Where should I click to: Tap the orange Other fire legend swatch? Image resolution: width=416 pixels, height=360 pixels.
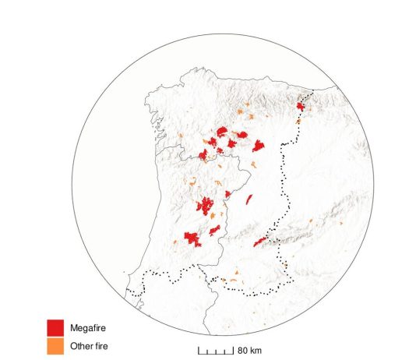pos(55,345)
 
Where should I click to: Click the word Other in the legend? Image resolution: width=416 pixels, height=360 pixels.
pos(80,345)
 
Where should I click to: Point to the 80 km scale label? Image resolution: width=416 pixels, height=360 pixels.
pos(250,350)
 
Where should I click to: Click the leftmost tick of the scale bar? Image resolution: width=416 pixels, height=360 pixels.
pos(198,351)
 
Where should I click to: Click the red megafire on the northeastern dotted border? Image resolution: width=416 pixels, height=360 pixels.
pos(300,106)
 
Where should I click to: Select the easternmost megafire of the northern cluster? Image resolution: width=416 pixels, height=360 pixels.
pos(258,145)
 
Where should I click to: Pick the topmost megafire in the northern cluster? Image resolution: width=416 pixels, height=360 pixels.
pos(222,131)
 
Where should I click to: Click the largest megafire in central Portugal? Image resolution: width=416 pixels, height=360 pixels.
pos(206,206)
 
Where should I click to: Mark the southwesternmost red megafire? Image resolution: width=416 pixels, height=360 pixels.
pos(192,238)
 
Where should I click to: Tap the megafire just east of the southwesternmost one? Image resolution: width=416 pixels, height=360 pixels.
pos(214,230)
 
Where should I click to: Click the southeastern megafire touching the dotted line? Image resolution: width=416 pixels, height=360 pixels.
pos(260,242)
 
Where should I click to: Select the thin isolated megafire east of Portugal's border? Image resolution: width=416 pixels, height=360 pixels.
pos(249,199)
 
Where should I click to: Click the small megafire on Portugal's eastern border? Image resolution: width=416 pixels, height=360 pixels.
pos(227,194)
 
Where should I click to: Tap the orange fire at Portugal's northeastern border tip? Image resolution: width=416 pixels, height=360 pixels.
pos(252,164)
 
